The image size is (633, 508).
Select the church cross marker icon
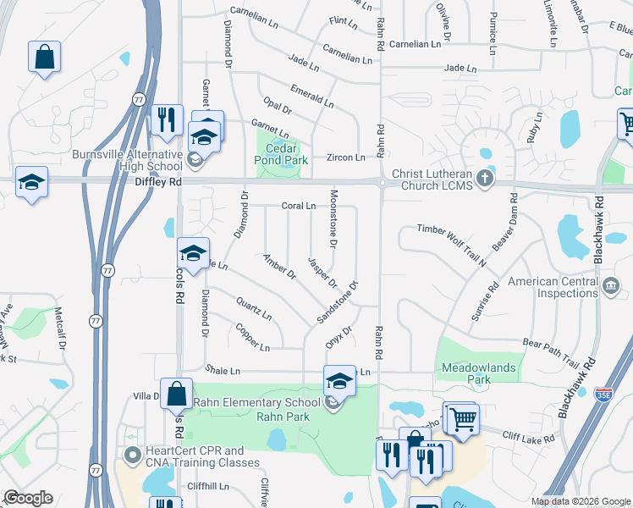point(483,178)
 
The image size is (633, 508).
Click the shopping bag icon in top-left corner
point(44,58)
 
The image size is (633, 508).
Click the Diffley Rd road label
point(157,181)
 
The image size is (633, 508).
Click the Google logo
point(28,498)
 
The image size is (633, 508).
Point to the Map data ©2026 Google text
point(581,501)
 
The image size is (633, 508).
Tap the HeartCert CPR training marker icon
point(132,456)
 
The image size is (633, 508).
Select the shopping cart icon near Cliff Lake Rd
point(462,417)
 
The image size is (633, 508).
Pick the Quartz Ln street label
point(254,308)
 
